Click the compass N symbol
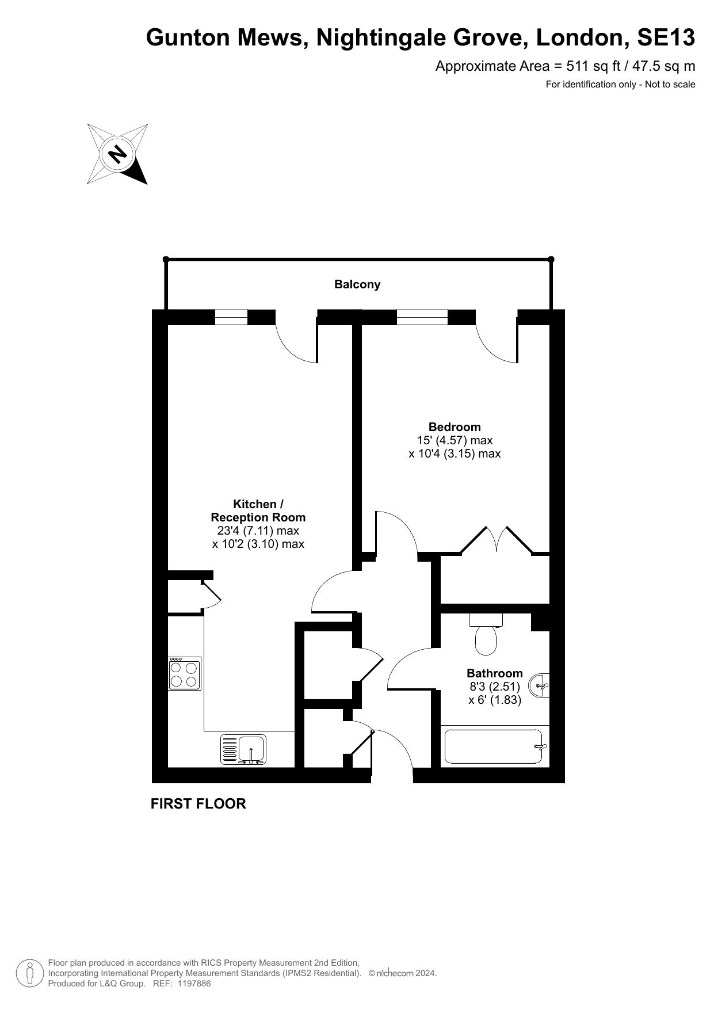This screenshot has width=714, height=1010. coord(117,154)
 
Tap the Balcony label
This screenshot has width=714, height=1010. coord(357,284)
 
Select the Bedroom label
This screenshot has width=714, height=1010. coord(455,427)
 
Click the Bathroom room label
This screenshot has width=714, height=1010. coord(495,673)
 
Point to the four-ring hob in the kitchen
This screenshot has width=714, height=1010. coord(185,673)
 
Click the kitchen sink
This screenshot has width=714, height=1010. coord(243,749)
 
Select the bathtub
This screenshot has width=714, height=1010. coord(494,746)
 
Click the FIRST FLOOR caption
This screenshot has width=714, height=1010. coord(198,804)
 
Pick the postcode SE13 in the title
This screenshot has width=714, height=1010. coord(666,38)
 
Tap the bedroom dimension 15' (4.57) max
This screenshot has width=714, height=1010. coord(455,440)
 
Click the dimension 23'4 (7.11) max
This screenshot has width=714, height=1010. coord(258,531)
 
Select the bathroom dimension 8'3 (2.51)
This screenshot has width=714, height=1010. coord(495,687)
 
